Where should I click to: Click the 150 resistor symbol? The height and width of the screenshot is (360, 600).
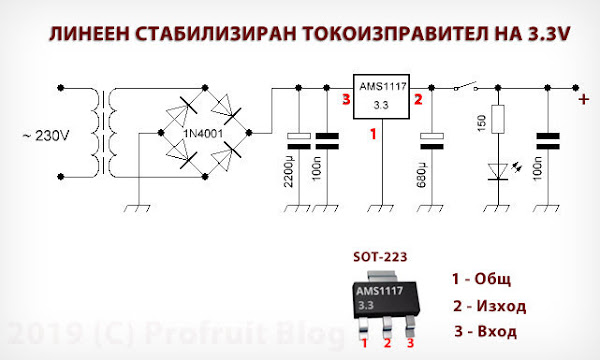pos(497,122)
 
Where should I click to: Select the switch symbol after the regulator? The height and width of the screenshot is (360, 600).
pos(461,89)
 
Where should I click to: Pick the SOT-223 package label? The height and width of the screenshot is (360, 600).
pos(381,258)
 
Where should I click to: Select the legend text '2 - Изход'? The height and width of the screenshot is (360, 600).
pos(490,306)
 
